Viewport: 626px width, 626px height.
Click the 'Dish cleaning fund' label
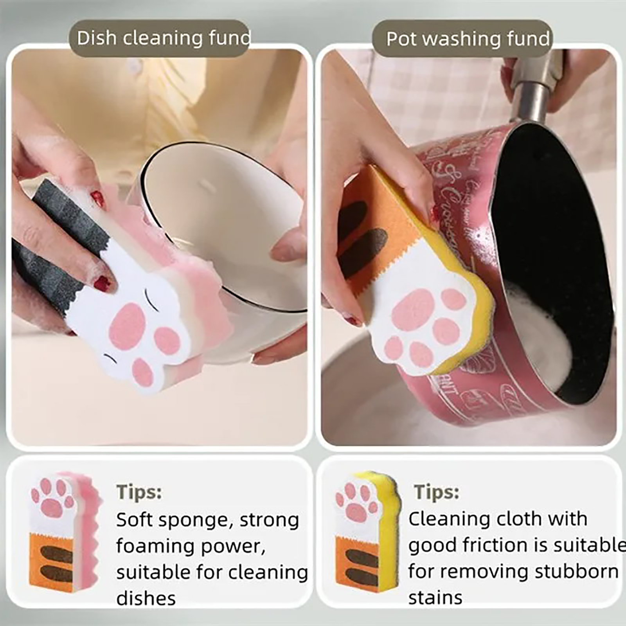164,38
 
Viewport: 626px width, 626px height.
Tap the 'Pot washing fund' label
468,39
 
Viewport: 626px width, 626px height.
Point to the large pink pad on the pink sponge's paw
128,326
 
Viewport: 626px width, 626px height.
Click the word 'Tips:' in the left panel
139,491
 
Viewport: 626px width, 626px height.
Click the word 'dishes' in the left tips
146,599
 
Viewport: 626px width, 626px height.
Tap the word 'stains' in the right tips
435,598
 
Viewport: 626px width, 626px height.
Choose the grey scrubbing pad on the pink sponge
59,243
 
